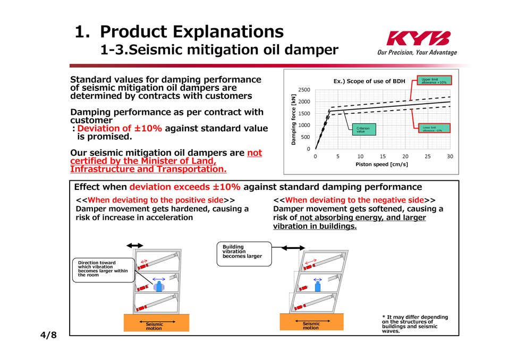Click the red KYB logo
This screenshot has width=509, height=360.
click(419, 38)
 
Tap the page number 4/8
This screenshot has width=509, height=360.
click(48, 335)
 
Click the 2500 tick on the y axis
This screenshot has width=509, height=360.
click(304, 90)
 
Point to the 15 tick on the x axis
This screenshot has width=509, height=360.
click(383, 156)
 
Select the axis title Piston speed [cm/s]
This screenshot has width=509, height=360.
click(381, 164)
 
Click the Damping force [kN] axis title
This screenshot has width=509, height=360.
click(293, 120)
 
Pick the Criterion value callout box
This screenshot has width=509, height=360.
click(364, 129)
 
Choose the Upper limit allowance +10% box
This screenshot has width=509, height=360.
click(434, 81)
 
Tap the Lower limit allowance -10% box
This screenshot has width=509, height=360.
click(434, 128)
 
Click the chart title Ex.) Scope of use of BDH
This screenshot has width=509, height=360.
click(369, 81)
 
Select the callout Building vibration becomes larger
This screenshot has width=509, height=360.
click(244, 254)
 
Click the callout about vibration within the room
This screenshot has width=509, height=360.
click(103, 270)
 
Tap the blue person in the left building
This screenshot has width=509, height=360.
click(159, 287)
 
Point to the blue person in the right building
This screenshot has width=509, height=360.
click(318, 286)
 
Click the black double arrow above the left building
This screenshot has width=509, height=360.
click(135, 246)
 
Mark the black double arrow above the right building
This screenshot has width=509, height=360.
click(293, 248)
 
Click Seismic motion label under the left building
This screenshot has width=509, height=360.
click(154, 326)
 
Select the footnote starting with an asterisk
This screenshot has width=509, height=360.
click(415, 324)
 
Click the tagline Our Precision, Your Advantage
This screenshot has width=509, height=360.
click(417, 52)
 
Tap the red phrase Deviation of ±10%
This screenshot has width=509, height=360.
click(120, 128)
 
